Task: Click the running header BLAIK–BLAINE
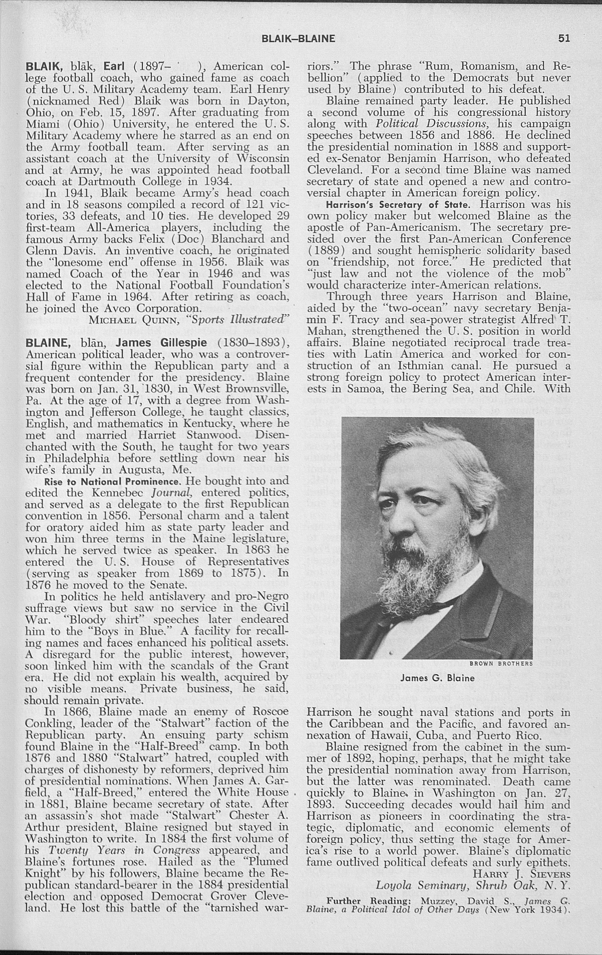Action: click(298, 39)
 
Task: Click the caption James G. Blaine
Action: click(437, 678)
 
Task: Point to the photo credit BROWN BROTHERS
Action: click(501, 664)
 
